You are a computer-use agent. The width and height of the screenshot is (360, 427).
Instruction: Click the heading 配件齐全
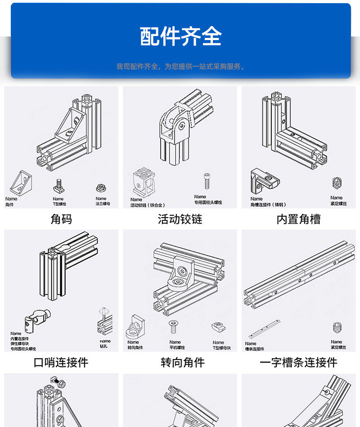click(180, 37)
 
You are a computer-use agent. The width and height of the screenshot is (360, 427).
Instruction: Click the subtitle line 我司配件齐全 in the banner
click(180, 67)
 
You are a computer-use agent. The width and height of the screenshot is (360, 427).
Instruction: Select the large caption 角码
click(61, 219)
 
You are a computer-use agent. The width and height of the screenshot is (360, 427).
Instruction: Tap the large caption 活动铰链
click(180, 219)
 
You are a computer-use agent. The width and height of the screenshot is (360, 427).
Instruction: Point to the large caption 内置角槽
click(298, 219)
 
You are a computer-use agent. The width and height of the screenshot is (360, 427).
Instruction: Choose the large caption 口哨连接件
click(61, 362)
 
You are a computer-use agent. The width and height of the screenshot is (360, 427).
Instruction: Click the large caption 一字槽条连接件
click(298, 362)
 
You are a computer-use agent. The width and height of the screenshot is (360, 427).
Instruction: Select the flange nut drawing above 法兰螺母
click(100, 187)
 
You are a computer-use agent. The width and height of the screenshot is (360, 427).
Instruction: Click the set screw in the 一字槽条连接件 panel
click(337, 328)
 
